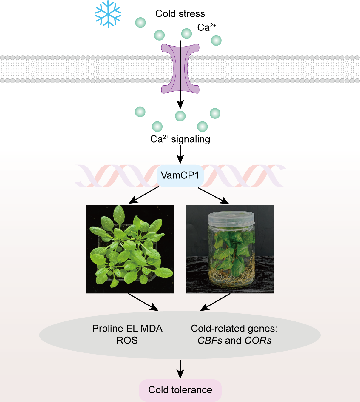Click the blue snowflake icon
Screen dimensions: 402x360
pos(108,14)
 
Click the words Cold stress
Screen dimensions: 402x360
pos(180,14)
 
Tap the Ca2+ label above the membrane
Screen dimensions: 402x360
pos(206,27)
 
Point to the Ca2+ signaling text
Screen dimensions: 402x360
pos(180,139)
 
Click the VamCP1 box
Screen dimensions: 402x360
pos(180,175)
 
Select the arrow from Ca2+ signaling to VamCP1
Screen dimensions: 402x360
pos(180,154)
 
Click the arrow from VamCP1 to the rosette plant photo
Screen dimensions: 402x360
pos(144,195)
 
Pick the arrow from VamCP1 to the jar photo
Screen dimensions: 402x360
pos(214,196)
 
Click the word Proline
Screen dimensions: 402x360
pos(108,329)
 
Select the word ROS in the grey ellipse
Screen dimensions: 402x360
pos(127,341)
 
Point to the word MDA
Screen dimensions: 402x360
pos(152,329)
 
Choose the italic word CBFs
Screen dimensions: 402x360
pos(210,341)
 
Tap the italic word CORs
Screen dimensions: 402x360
pos(258,341)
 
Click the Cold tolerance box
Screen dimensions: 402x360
pos(180,390)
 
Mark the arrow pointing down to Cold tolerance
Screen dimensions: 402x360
pos(180,369)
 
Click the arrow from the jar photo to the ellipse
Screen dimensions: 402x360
pos(215,302)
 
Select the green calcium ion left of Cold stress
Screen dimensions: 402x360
pos(140,22)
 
